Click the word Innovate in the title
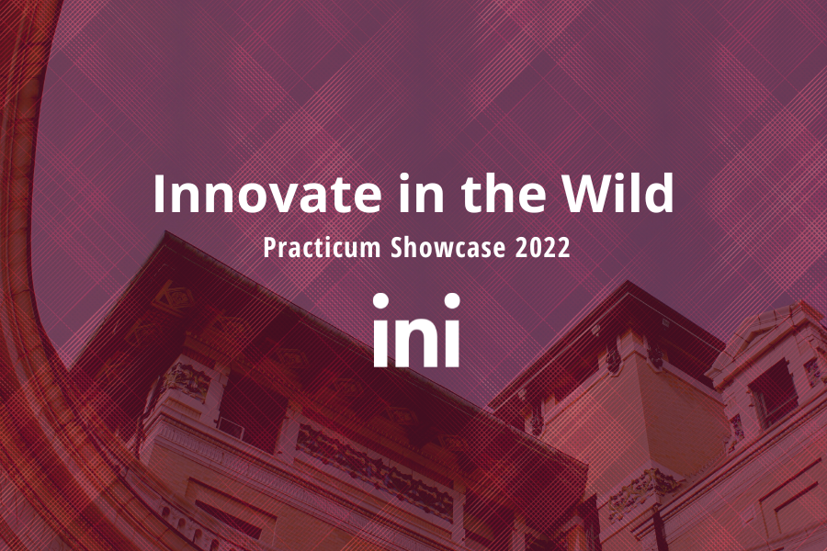pos(267,194)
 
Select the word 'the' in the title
pos(504,193)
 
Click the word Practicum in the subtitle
pos(322,247)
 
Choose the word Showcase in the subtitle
pos(447,247)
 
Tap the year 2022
pos(543,248)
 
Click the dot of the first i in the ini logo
pos(380,301)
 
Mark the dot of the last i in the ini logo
pos(452,301)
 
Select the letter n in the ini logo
pos(416,341)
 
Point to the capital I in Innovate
pos(159,194)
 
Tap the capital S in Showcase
pos(397,247)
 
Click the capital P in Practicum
pos(269,248)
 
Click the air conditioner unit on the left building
pos(231,428)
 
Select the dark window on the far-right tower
pos(774,393)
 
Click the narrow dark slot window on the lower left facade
pos(229,520)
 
